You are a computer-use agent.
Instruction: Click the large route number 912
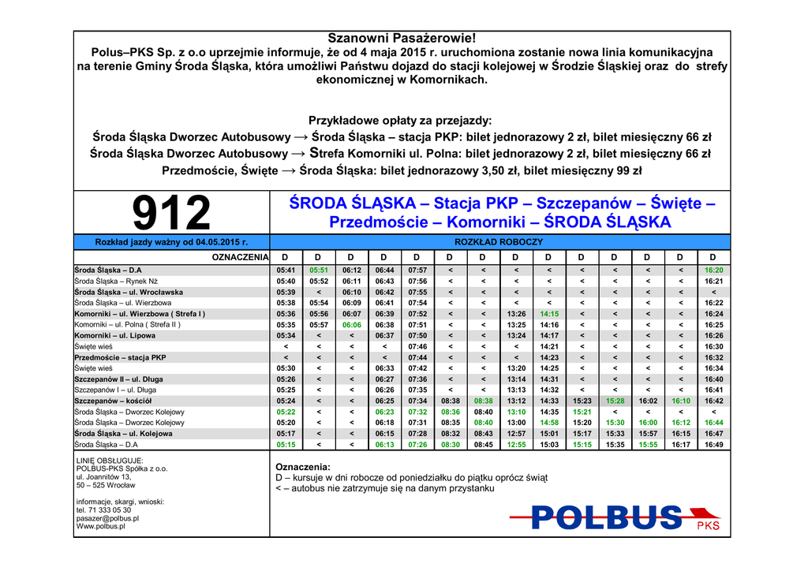pos(171,213)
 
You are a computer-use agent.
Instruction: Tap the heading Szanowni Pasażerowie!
pos(402,39)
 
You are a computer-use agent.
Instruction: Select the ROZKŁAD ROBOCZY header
pos(499,242)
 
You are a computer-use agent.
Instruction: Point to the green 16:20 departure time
pos(713,270)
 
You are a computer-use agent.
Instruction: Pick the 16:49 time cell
pos(713,445)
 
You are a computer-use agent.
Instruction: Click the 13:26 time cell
pos(516,314)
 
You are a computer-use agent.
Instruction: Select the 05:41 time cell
pos(286,270)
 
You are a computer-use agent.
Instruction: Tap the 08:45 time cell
pos(483,445)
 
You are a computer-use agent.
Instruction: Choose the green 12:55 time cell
pos(516,445)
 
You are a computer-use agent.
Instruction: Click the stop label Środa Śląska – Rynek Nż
pos(116,281)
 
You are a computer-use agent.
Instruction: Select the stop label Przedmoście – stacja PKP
pos(120,357)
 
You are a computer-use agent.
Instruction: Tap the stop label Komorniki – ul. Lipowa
pos(114,335)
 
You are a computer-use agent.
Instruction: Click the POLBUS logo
pos(608,517)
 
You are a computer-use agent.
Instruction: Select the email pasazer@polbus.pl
pos(107,518)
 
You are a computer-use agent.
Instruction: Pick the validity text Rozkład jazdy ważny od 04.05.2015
pos(171,242)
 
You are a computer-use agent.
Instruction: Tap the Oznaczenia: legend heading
pos(302,467)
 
